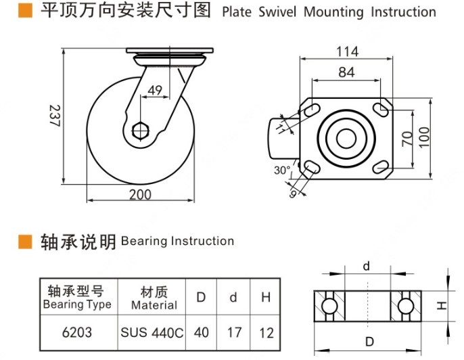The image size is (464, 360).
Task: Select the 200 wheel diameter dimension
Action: pyautogui.click(x=139, y=195)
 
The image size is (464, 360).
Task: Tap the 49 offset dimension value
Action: pyautogui.click(x=155, y=91)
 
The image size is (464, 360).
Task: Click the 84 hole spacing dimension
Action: pyautogui.click(x=346, y=72)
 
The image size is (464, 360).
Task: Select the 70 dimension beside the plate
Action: pyautogui.click(x=407, y=138)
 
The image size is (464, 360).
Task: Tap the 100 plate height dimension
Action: pyautogui.click(x=424, y=138)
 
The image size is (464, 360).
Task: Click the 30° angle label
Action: pyautogui.click(x=282, y=171)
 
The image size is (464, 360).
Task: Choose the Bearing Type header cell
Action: pyautogui.click(x=77, y=298)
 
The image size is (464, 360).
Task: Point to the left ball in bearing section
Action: pyautogui.click(x=329, y=306)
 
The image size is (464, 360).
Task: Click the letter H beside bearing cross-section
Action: pyautogui.click(x=440, y=306)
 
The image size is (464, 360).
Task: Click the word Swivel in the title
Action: pyautogui.click(x=275, y=12)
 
